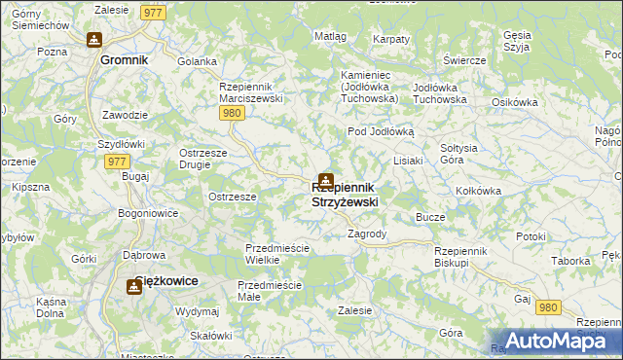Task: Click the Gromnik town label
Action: click(x=125, y=59)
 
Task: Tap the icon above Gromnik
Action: click(x=94, y=40)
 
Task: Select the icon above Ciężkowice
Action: click(x=134, y=287)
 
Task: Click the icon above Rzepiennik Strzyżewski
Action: click(x=326, y=181)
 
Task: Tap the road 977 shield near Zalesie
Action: click(x=152, y=12)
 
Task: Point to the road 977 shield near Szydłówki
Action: click(x=115, y=162)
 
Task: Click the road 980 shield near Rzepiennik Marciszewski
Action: click(x=231, y=114)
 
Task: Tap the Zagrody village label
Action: click(x=367, y=234)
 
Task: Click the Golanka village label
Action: click(x=197, y=61)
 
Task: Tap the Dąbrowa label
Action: click(x=143, y=256)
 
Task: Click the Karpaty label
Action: click(x=391, y=39)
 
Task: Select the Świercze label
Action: click(x=463, y=60)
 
